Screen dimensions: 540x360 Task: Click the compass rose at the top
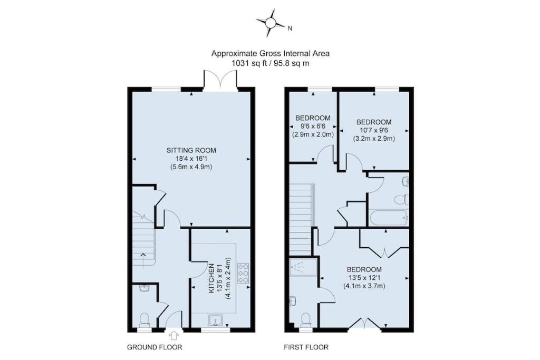tap(271, 23)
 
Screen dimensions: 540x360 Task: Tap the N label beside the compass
tap(290, 28)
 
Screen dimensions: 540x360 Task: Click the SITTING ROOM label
tap(191, 150)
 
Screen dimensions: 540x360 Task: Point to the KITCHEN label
tap(211, 278)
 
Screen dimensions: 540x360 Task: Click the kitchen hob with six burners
tap(243, 273)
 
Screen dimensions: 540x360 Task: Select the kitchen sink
tap(215, 320)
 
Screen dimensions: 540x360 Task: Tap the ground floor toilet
tap(144, 319)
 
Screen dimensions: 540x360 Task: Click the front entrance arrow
tap(174, 335)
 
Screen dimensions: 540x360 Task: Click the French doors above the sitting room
tap(220, 80)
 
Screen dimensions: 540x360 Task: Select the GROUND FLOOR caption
tap(155, 347)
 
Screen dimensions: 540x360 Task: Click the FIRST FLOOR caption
tap(306, 347)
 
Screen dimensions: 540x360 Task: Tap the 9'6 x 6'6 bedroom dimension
tap(313, 127)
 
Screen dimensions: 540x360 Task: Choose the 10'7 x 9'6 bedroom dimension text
tap(374, 130)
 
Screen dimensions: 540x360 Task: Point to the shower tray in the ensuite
tap(303, 267)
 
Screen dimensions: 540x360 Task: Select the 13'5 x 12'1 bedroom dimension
tap(364, 278)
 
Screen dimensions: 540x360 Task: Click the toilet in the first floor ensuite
tap(306, 319)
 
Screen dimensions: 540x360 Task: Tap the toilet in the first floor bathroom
tap(401, 200)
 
